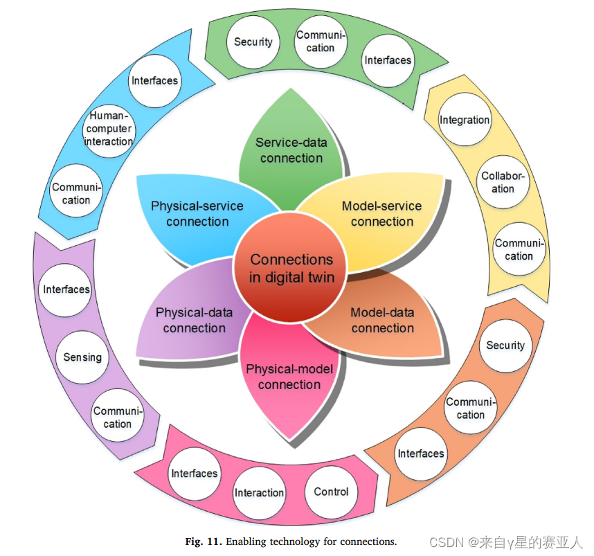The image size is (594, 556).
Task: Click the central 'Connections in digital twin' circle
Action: click(x=291, y=269)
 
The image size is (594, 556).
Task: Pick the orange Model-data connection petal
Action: click(x=382, y=320)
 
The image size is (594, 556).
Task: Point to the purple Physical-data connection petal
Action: click(x=195, y=320)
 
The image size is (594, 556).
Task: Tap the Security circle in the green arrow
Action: click(x=253, y=42)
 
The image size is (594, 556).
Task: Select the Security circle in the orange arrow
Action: click(x=505, y=346)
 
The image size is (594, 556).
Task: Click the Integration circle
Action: click(x=465, y=120)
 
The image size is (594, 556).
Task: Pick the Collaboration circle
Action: click(x=503, y=182)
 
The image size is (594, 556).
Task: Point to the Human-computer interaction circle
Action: click(x=109, y=129)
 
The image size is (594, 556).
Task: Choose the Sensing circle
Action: click(x=82, y=357)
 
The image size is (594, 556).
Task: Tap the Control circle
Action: click(x=331, y=492)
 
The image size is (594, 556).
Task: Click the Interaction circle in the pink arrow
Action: click(x=259, y=493)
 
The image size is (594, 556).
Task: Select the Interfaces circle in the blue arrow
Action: click(x=154, y=80)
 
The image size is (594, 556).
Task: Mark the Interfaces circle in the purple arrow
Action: click(x=67, y=289)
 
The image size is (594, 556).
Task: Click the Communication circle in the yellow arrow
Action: click(x=519, y=249)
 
